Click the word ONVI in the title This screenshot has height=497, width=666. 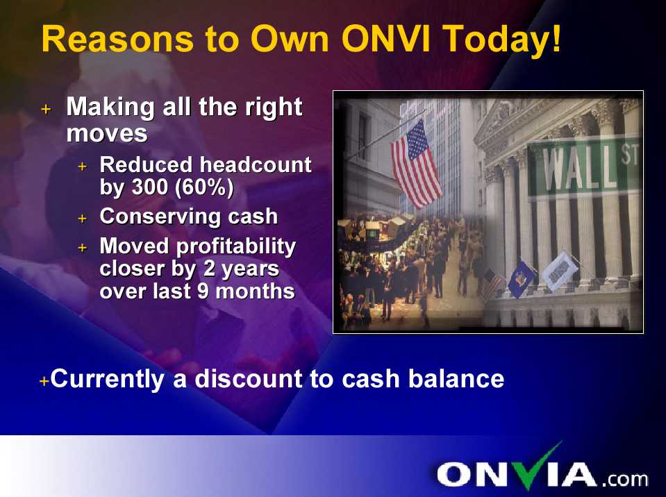tap(385, 39)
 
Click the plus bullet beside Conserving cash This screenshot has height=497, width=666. tap(83, 218)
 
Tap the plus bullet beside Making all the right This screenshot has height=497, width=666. tap(46, 109)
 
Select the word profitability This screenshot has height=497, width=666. tap(235, 247)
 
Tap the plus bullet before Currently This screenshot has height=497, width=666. tap(44, 380)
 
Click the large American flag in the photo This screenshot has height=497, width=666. tap(415, 164)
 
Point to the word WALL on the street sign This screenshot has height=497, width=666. tap(579, 169)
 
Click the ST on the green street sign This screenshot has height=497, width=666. tap(630, 155)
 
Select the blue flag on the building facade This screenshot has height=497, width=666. tap(521, 278)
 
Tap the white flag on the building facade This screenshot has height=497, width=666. tap(560, 271)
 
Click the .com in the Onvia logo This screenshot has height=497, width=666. tap(624, 479)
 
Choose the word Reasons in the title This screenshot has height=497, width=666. tap(117, 39)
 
